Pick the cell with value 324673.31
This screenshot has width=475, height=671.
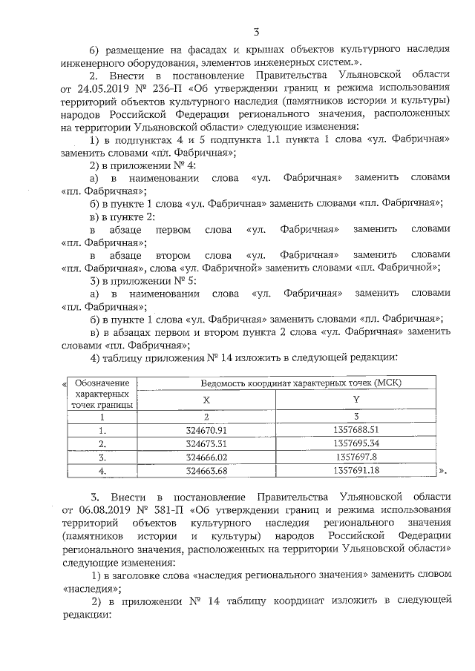pyautogui.click(x=207, y=443)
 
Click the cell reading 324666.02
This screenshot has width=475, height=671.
pyautogui.click(x=207, y=457)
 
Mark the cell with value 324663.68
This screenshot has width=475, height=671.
pyautogui.click(x=207, y=470)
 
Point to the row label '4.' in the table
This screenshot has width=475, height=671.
pyautogui.click(x=103, y=470)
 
